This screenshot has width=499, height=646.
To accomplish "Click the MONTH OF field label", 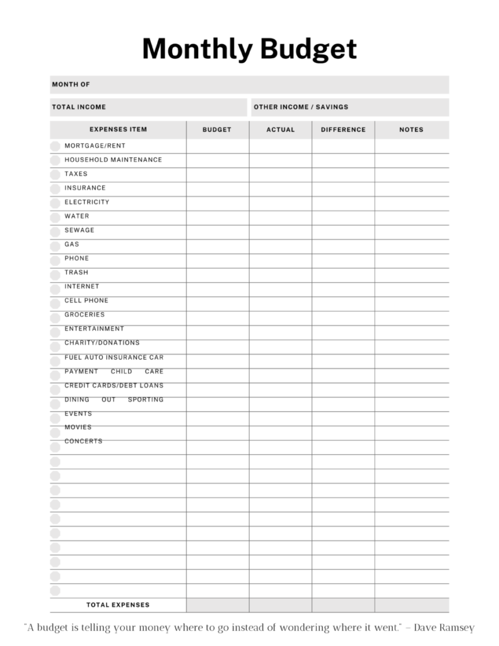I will pos(71,85).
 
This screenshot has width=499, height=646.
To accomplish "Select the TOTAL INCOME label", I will pos(79,107).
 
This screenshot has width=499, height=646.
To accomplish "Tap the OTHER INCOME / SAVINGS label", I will pos(301,107).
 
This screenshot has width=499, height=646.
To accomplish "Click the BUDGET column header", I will pos(217,130).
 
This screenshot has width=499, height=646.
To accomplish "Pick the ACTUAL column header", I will pos(281,130).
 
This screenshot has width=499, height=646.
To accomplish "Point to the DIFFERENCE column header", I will pos(343,130).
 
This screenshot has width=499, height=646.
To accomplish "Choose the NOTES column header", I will pos(411,130).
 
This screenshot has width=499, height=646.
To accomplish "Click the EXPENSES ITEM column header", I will pos(118,130).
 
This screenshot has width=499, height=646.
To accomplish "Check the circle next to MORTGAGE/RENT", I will pos(56,146).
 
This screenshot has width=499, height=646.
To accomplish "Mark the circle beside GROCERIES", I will pos(56,315).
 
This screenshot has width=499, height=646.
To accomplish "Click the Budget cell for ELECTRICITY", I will pos(217,203).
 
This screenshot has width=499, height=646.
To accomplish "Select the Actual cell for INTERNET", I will pos(281,288).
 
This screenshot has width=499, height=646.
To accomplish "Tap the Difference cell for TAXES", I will pos(343,175).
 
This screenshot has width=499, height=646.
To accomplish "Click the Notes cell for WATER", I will pos(411,217).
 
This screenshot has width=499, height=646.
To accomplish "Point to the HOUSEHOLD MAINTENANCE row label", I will pos(113,160).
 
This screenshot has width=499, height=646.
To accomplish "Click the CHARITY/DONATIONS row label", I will pos(102,343).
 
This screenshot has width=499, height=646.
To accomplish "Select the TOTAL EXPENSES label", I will pos(118,605).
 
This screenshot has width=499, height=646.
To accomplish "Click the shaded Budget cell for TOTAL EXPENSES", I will pos(217,605).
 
